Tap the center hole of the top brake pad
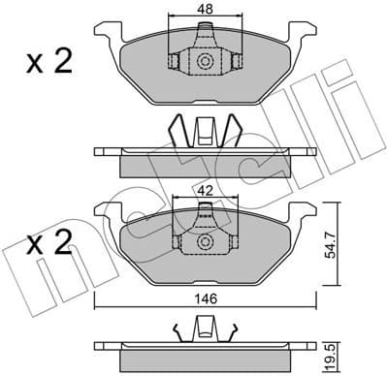pos(205,61)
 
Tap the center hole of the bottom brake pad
pos(205,243)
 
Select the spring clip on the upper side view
pos(205,132)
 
